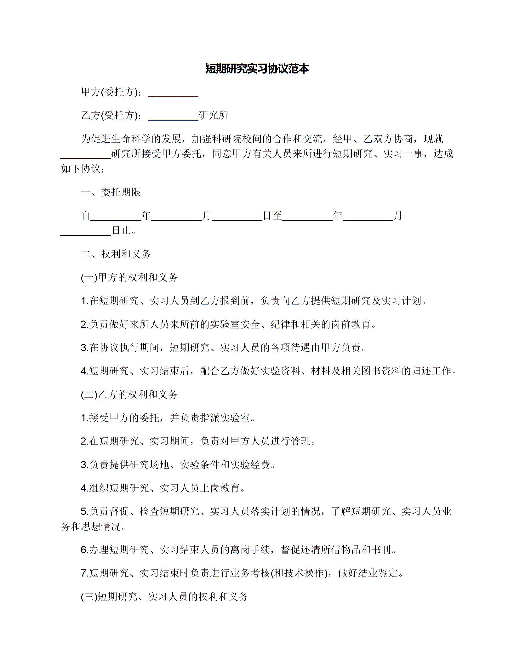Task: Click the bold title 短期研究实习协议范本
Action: coord(257,69)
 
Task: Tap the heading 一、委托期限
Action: coord(111,192)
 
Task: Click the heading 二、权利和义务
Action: coord(116,254)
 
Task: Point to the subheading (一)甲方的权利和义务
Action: coord(129,277)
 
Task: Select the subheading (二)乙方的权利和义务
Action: coord(129,395)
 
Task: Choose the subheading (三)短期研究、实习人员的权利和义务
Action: coord(165,596)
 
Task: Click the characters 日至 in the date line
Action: coord(272,216)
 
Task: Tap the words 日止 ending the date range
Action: coord(121,231)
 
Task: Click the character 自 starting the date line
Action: coord(86,216)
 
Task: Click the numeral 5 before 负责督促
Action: coord(84,512)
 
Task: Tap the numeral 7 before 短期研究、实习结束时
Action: coord(84,573)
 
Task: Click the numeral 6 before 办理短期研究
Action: coord(84,550)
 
